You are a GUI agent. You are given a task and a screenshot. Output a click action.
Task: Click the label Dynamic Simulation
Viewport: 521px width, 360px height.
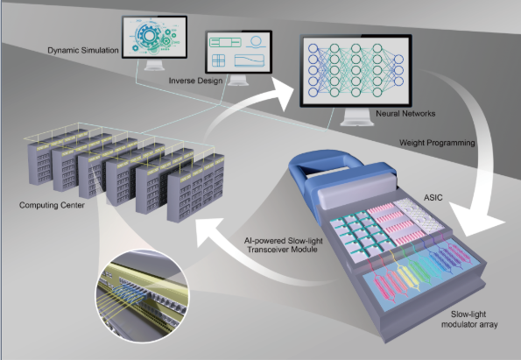click(x=83, y=51)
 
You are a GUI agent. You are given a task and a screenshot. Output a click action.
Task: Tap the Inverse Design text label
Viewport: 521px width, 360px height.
click(x=195, y=81)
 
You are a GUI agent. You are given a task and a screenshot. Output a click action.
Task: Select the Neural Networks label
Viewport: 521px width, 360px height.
click(x=405, y=114)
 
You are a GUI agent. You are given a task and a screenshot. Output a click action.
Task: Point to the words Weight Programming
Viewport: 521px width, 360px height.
click(x=437, y=143)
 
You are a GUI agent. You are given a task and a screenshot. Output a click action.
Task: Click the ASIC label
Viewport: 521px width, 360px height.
click(x=433, y=198)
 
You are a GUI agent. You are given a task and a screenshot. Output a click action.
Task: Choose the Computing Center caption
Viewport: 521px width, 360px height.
click(x=52, y=205)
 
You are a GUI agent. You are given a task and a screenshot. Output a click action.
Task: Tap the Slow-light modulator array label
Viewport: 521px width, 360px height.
click(x=469, y=319)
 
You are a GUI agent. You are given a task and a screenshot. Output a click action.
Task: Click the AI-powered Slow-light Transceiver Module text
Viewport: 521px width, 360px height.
click(x=283, y=245)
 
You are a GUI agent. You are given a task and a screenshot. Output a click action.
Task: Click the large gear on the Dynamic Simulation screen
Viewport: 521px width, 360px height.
click(x=148, y=36)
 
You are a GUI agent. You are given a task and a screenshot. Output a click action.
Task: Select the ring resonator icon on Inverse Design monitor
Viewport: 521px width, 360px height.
click(x=256, y=42)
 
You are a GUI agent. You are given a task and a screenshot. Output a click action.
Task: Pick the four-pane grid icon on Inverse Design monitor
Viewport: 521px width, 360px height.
click(x=218, y=60)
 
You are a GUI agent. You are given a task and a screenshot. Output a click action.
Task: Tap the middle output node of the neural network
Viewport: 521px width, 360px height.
click(x=398, y=70)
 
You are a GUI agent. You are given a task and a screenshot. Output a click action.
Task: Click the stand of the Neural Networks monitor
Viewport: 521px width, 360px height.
click(x=357, y=117)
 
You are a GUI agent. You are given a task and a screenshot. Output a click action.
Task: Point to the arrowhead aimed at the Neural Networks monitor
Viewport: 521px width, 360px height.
click(x=283, y=94)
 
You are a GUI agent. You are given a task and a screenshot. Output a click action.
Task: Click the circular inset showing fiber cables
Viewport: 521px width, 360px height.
click(x=142, y=296)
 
